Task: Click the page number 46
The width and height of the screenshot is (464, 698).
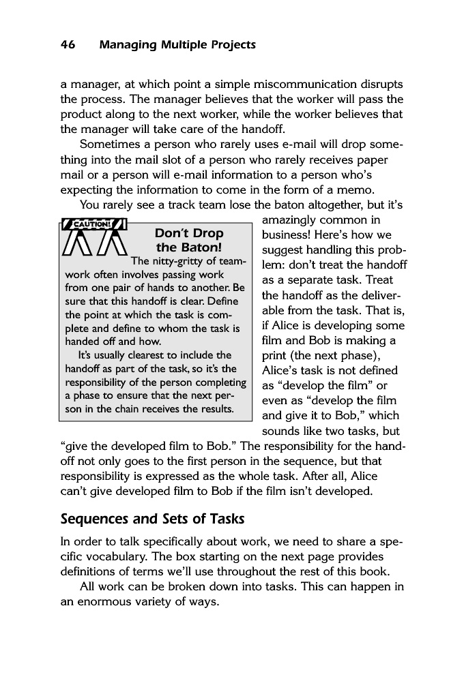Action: point(68,46)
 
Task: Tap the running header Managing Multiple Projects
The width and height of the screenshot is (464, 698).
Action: point(177,46)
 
